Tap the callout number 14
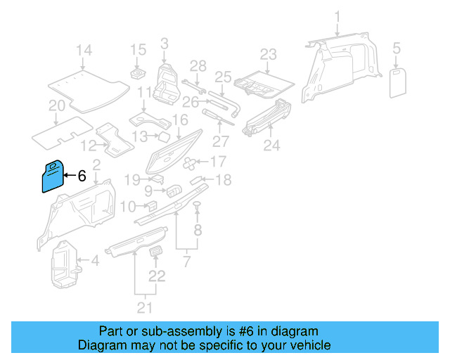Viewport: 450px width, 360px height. (84, 51)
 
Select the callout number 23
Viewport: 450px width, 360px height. (269, 55)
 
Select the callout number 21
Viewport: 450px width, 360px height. (144, 307)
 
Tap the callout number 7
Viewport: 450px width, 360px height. (186, 262)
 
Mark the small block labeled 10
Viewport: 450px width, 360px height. (150, 205)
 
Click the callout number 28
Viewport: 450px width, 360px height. (198, 66)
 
